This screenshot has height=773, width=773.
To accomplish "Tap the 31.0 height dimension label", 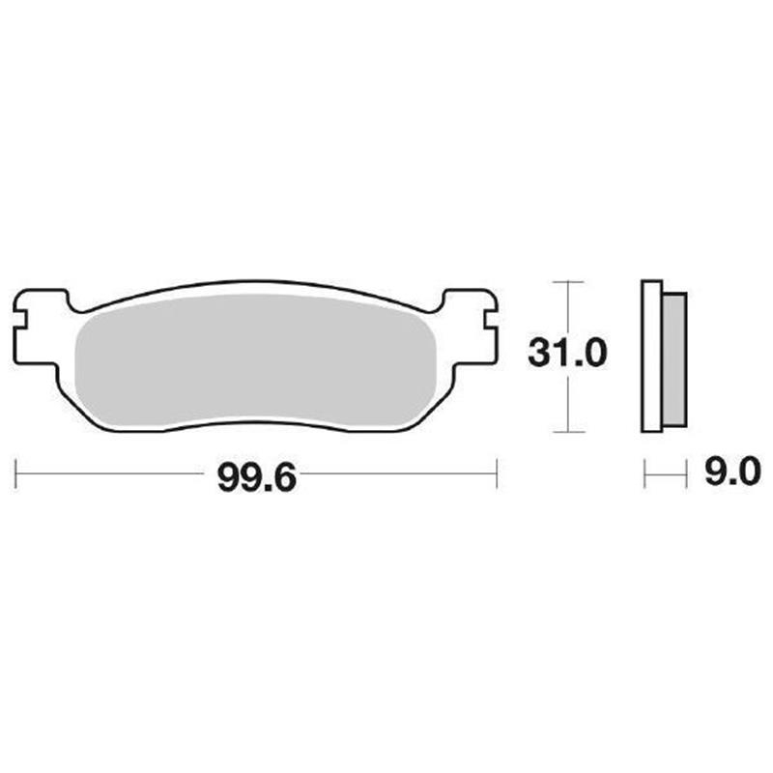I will pyautogui.click(x=567, y=355).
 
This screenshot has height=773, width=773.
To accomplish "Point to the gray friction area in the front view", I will pyautogui.click(x=256, y=358).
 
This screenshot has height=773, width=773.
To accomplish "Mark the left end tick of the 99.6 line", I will pyautogui.click(x=18, y=474).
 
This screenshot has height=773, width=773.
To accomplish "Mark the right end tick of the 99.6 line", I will pyautogui.click(x=496, y=474).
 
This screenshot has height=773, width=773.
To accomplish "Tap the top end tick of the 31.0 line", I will pyautogui.click(x=568, y=281).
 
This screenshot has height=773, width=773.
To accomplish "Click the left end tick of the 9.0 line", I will pyautogui.click(x=645, y=474).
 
